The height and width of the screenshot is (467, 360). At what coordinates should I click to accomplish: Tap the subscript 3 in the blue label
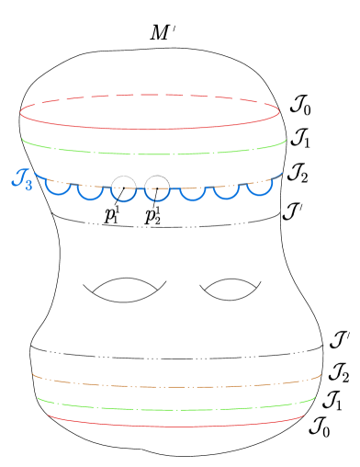[28, 184]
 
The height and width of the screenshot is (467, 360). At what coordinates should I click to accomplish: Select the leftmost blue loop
[59, 191]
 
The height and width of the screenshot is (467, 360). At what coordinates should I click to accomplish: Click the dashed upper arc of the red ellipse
[150, 95]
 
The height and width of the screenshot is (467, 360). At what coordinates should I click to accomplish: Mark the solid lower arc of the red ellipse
[150, 129]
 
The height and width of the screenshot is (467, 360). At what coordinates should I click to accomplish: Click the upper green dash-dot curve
[154, 154]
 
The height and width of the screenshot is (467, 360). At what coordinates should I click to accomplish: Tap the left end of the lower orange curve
[33, 375]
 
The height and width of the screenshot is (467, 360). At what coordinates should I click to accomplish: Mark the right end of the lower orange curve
[321, 375]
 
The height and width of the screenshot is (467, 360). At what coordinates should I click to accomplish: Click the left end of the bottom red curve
[49, 415]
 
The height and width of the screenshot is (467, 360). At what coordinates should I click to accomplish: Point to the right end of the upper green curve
[286, 141]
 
